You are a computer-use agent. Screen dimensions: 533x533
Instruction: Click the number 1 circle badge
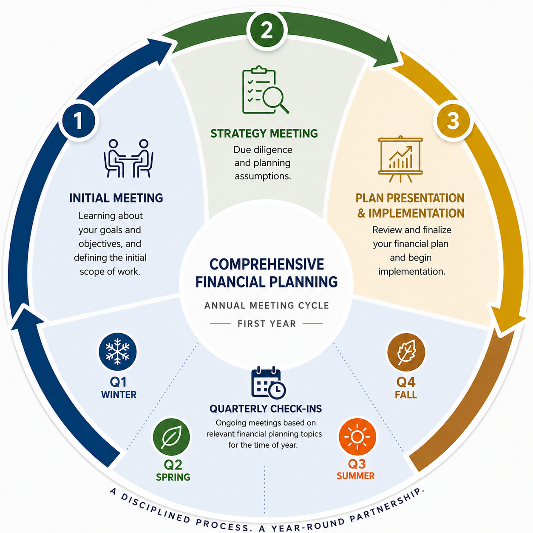[x=79, y=121]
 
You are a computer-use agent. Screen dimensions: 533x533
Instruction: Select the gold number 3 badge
[x=453, y=121]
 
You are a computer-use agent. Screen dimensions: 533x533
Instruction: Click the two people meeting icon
[x=128, y=158]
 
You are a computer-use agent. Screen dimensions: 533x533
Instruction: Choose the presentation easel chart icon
[x=400, y=159]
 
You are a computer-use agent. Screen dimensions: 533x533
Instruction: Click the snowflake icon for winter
[x=118, y=352]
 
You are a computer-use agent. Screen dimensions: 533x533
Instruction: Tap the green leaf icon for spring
[x=171, y=437]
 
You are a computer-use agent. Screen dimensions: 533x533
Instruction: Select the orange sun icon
[x=357, y=437]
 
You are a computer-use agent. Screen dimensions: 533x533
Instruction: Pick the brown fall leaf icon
[x=406, y=352]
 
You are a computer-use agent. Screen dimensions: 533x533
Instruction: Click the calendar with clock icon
[x=268, y=382]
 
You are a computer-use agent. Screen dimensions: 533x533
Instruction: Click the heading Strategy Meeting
[x=264, y=133]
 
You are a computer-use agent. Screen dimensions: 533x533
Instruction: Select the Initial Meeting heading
[x=116, y=198]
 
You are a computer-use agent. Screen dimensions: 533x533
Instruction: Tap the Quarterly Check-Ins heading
[x=266, y=408]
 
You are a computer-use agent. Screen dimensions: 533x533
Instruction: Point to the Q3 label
[x=357, y=464]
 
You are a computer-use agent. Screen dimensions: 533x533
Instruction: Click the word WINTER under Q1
[x=119, y=395]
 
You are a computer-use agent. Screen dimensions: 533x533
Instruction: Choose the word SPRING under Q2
[x=173, y=477]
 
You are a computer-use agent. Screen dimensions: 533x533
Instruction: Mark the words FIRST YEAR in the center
[x=266, y=323]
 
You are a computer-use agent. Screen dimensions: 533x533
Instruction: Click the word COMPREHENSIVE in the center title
[x=266, y=264]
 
